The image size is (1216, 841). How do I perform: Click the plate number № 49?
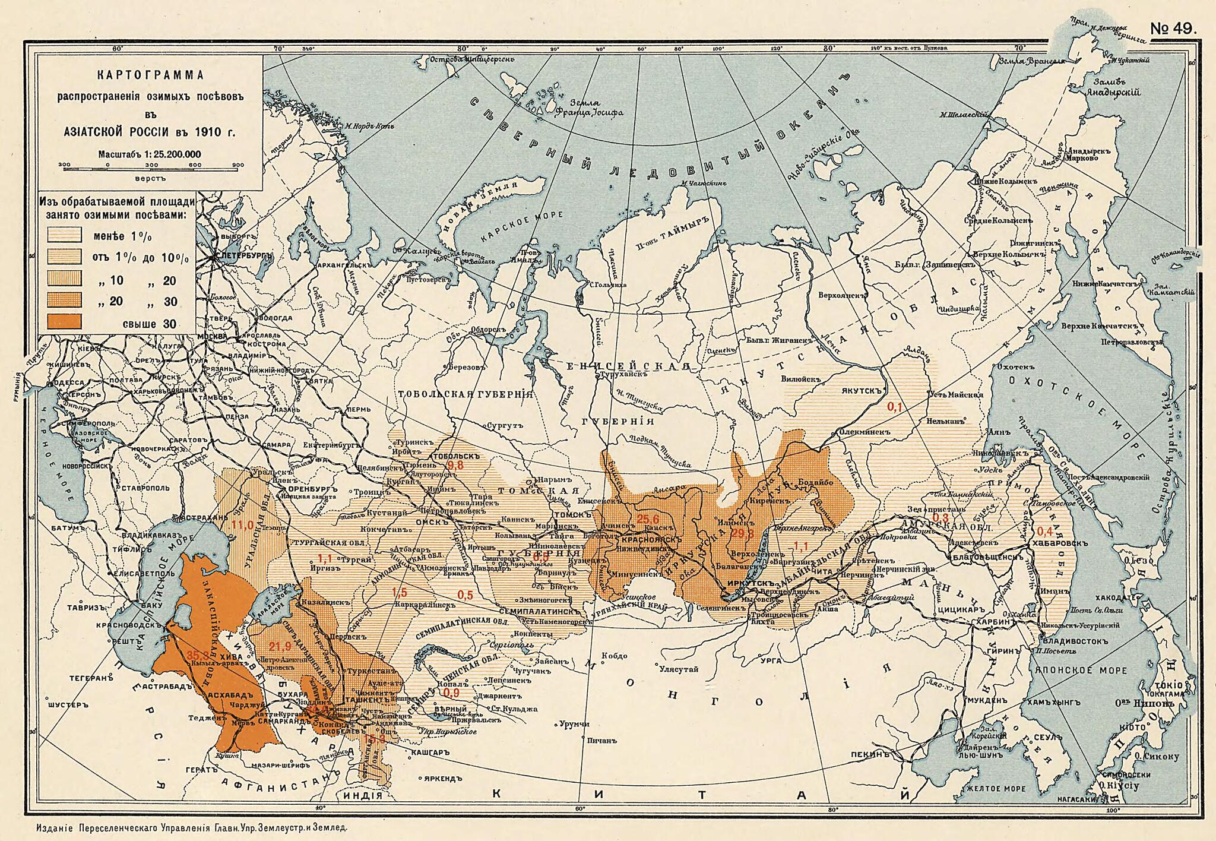point(1174,28)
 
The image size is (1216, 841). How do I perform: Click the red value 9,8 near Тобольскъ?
point(455,465)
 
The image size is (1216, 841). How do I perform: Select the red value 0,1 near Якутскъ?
point(895,407)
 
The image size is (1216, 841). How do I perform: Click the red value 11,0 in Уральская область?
point(242,524)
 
